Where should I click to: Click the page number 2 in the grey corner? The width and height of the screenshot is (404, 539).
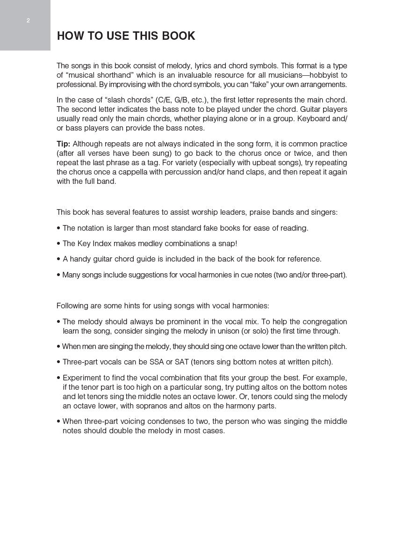[28, 21]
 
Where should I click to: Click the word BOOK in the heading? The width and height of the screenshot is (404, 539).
[178, 36]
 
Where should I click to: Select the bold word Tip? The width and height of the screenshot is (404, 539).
[64, 144]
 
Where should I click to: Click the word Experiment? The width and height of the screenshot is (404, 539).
[82, 378]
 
